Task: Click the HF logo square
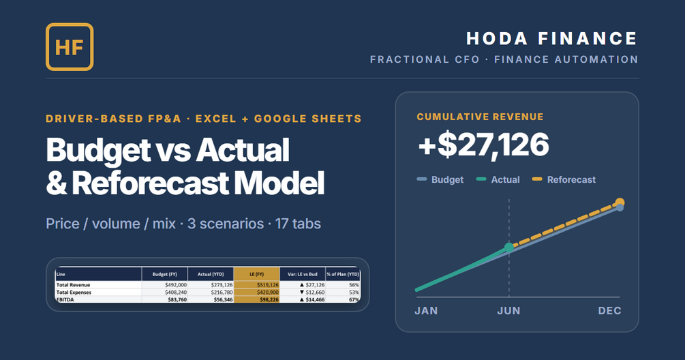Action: pyautogui.click(x=70, y=47)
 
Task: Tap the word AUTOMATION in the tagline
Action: pyautogui.click(x=596, y=59)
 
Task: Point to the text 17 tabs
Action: pyautogui.click(x=298, y=224)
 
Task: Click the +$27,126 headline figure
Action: pyautogui.click(x=483, y=145)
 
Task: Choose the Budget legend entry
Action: pyautogui.click(x=440, y=179)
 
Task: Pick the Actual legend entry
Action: pyautogui.click(x=498, y=179)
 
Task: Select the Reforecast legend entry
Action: pyautogui.click(x=564, y=179)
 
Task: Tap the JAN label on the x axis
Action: pyautogui.click(x=426, y=311)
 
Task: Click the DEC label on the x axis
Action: pyautogui.click(x=609, y=311)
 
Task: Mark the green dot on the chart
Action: pyautogui.click(x=509, y=247)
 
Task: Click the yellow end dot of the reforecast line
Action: pyautogui.click(x=620, y=202)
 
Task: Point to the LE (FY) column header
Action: pyautogui.click(x=256, y=274)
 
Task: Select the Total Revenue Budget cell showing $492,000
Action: pyautogui.click(x=176, y=285)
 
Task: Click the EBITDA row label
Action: pyautogui.click(x=65, y=300)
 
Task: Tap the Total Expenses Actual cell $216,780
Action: pyautogui.click(x=222, y=292)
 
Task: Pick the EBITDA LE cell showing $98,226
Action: pyautogui.click(x=267, y=300)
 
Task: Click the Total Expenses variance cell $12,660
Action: pyautogui.click(x=312, y=292)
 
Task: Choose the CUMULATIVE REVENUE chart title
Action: pyautogui.click(x=480, y=117)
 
